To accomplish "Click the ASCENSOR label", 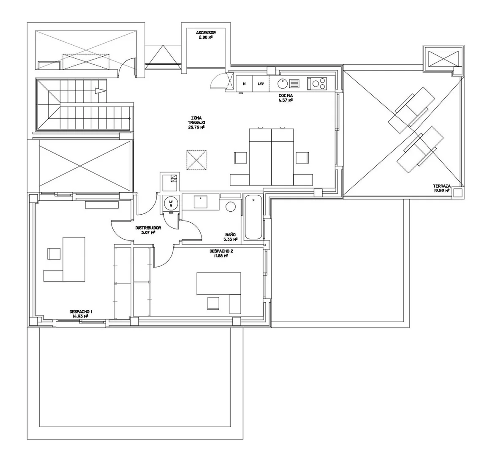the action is tap(206, 33).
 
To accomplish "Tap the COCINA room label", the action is tap(286, 96).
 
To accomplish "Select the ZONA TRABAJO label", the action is tap(196, 120).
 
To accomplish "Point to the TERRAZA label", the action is tap(441, 186).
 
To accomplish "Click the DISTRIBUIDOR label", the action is tap(148, 228).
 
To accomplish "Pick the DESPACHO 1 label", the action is tap(81, 312).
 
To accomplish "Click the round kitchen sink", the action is tap(282, 84).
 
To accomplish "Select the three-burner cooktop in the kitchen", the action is tap(317, 84).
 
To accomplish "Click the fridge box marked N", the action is tap(244, 84).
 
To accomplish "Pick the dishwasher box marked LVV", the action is tap(261, 84).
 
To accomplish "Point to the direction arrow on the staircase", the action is tap(100, 91).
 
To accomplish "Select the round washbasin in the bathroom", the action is tap(231, 207).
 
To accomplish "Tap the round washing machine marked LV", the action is tap(171, 203).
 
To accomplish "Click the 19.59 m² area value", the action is tap(441, 191).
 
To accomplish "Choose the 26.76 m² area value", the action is tap(196, 127).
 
